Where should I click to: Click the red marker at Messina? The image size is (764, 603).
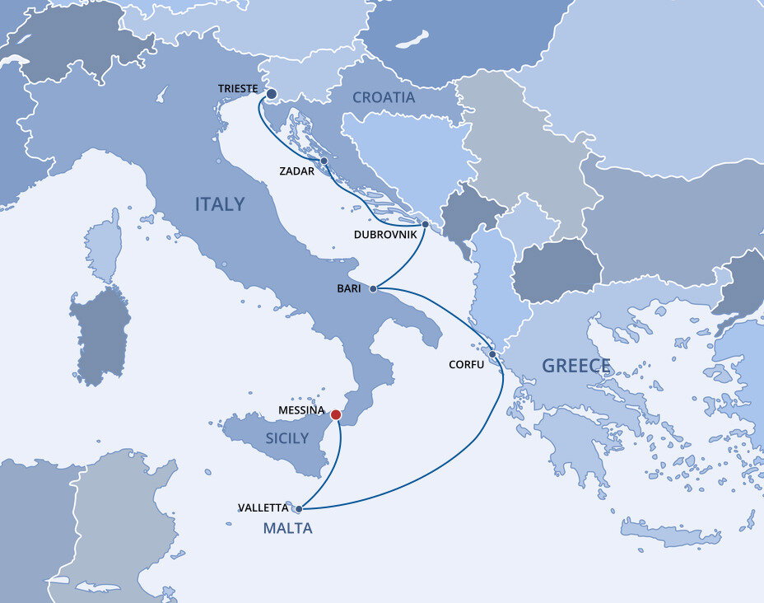(x=336, y=416)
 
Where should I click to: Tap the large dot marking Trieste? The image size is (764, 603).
(x=271, y=94)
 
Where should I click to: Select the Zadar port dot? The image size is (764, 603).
(x=324, y=161)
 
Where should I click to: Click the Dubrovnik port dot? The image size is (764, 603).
(x=425, y=224)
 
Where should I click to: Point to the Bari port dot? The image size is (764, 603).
(x=373, y=289)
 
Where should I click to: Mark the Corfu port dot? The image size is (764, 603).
(x=492, y=354)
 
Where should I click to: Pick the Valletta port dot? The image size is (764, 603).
(x=298, y=509)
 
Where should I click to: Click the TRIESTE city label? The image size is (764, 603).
(x=239, y=89)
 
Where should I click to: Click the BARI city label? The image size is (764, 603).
(x=349, y=289)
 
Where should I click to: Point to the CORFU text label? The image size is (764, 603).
(x=466, y=364)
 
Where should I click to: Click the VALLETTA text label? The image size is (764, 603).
(x=263, y=508)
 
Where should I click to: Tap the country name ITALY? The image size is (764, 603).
(x=220, y=204)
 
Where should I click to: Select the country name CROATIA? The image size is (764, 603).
(x=384, y=97)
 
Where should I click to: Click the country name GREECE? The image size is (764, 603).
(x=576, y=366)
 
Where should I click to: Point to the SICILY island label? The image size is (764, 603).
(x=287, y=439)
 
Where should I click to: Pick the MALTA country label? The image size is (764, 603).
(x=287, y=529)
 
